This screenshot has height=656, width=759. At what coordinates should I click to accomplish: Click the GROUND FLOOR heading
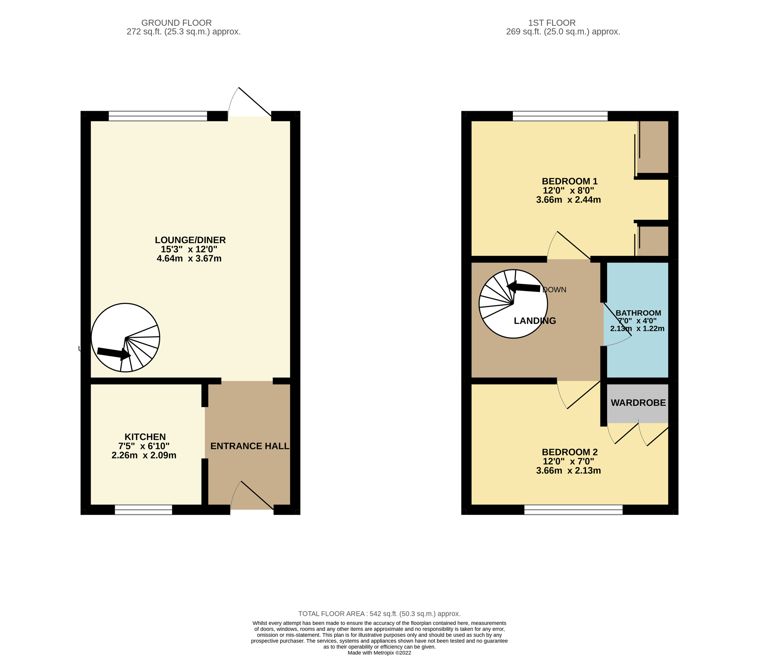[x=176, y=23]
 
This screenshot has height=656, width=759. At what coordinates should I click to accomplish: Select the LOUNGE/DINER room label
[x=190, y=240]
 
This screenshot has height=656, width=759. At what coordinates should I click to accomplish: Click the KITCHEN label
[x=145, y=437]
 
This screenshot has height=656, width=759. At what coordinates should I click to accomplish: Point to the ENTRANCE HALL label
[x=250, y=446]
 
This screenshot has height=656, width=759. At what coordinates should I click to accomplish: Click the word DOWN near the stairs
[x=554, y=290]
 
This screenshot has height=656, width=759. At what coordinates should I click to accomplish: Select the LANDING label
[x=535, y=321]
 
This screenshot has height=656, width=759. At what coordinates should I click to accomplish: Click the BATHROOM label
[x=638, y=313]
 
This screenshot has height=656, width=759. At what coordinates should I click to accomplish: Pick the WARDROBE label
[x=638, y=403]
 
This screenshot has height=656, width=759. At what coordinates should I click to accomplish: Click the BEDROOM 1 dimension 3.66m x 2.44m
[x=568, y=200]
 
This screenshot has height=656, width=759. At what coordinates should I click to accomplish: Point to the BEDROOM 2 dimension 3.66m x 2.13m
[x=568, y=470]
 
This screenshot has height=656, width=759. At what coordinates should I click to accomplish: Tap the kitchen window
[x=143, y=510]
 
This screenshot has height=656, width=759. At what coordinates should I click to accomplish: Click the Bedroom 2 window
[x=573, y=510]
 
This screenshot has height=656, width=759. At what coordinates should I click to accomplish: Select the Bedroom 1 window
[x=560, y=116]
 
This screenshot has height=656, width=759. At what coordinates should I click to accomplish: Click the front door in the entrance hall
[x=252, y=497]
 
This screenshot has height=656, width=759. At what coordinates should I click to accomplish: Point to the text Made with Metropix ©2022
[x=379, y=653]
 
